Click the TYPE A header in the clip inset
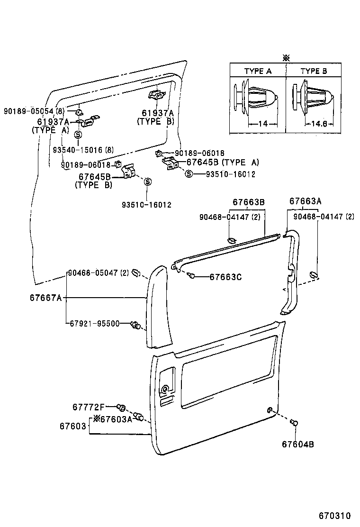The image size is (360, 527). (258, 71)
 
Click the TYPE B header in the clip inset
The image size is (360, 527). (314, 71)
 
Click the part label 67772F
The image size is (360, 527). (88, 407)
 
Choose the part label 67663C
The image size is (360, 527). (225, 277)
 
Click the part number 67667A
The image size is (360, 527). (46, 298)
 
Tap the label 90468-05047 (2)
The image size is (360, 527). (98, 273)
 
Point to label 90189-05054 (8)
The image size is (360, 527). (34, 111)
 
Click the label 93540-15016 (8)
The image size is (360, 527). (83, 150)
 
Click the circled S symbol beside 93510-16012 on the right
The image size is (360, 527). (189, 174)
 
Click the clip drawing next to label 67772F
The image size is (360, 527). (121, 407)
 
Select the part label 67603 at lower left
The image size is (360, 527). (72, 426)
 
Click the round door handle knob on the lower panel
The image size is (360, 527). (165, 390)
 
